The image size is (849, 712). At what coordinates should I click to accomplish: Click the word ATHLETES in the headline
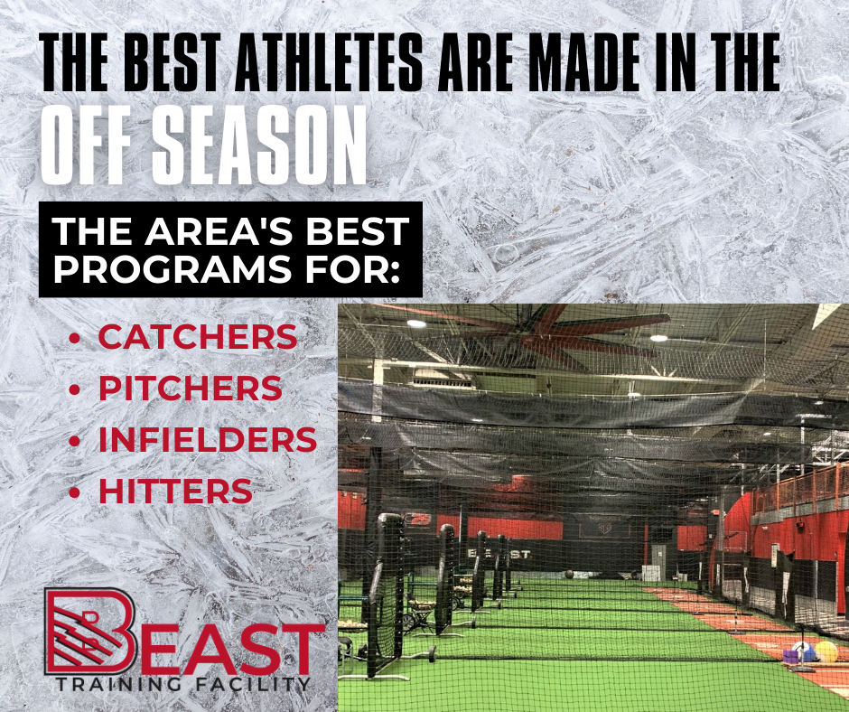pyautogui.click(x=328, y=61)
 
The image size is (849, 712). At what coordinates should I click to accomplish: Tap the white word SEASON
pyautogui.click(x=259, y=145)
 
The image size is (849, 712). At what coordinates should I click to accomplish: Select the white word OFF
pyautogui.click(x=87, y=145)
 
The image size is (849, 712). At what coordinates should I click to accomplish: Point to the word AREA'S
pyautogui.click(x=219, y=230)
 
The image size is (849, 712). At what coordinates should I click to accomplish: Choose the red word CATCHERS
pyautogui.click(x=198, y=337)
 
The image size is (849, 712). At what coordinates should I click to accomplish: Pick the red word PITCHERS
pyautogui.click(x=190, y=388)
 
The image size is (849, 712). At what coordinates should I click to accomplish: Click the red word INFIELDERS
pyautogui.click(x=208, y=439)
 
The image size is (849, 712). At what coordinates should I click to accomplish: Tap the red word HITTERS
pyautogui.click(x=175, y=491)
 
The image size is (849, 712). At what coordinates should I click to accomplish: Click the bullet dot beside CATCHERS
pyautogui.click(x=75, y=339)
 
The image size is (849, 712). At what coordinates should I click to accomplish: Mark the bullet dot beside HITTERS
pyautogui.click(x=75, y=492)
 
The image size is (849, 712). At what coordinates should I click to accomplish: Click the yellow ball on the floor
pyautogui.click(x=826, y=651)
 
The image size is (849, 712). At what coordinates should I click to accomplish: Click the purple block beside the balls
pyautogui.click(x=791, y=657)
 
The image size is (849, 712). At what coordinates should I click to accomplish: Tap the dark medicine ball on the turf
pyautogui.click(x=569, y=575)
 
